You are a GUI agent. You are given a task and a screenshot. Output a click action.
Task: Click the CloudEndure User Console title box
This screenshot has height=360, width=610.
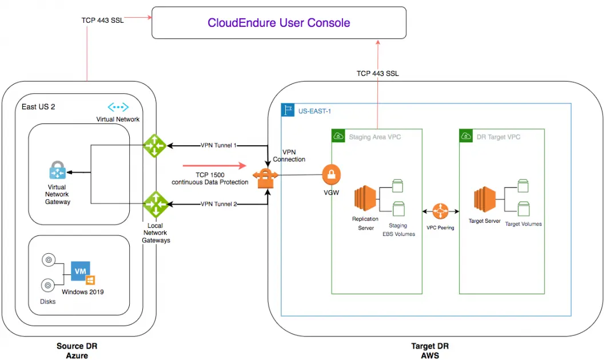coord(278,23)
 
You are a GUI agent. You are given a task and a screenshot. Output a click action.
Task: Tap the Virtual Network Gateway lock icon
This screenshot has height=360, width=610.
coord(57,170)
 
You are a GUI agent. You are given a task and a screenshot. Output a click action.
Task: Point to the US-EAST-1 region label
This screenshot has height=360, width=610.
coord(314,111)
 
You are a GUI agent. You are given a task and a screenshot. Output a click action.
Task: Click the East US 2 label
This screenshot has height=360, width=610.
coord(38,107)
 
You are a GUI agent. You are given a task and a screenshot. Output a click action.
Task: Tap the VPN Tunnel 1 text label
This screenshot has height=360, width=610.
coord(218,145)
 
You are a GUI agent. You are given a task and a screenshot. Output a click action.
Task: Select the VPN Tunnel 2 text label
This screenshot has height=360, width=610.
coord(218,204)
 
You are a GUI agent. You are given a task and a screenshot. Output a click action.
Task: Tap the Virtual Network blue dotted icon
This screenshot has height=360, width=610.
coord(118,107)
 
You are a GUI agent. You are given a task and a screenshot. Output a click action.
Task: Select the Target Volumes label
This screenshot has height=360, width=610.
coord(523,224)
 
